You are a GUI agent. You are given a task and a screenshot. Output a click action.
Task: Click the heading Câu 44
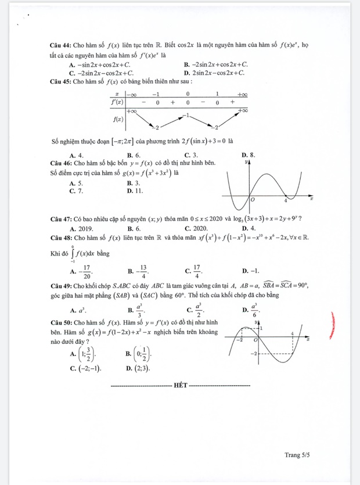click(60, 45)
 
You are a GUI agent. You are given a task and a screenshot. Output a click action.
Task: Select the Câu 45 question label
click(60, 81)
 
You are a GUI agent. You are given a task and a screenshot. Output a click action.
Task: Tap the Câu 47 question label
click(60, 218)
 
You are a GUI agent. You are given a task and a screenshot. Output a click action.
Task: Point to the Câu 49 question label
click(60, 286)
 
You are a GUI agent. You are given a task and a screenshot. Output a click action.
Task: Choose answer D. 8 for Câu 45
click(248, 155)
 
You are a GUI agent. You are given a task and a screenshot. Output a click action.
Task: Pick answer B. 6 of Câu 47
click(134, 228)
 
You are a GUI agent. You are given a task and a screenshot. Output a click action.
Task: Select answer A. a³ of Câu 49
click(77, 310)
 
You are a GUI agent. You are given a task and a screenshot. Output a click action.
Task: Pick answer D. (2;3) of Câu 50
click(137, 369)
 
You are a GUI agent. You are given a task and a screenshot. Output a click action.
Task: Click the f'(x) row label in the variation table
click(117, 102)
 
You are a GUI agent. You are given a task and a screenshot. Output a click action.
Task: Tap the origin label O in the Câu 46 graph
click(253, 200)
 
